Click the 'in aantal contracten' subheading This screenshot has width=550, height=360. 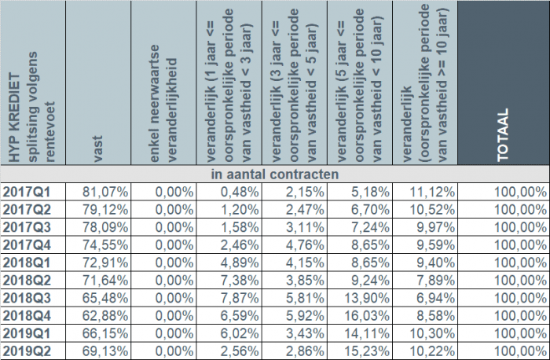tap(274, 174)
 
